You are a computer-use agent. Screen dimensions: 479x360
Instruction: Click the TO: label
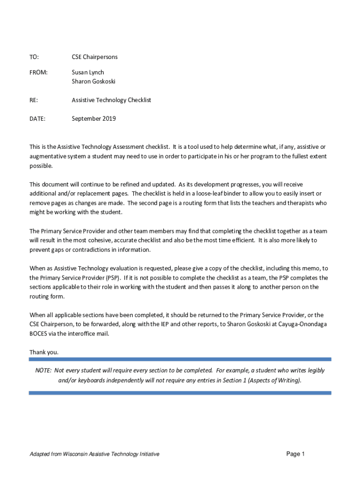click(x=34, y=57)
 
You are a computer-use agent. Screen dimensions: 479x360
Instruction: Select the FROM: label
click(x=39, y=73)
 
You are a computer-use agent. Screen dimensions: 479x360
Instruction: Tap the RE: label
click(x=33, y=100)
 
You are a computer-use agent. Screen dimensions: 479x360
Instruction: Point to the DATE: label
click(x=37, y=119)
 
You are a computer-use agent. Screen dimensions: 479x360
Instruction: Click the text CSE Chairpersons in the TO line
click(x=94, y=57)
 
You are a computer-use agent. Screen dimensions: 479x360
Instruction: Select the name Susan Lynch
click(x=88, y=73)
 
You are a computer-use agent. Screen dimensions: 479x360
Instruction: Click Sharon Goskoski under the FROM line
click(x=94, y=81)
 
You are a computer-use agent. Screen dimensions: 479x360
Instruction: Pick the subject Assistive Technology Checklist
click(x=111, y=100)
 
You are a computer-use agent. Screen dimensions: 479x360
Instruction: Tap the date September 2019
click(x=94, y=119)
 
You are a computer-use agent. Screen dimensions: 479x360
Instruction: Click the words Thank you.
click(x=44, y=352)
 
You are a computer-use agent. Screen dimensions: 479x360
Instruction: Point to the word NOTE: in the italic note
click(x=43, y=370)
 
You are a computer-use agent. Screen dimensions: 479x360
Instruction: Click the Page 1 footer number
click(x=295, y=454)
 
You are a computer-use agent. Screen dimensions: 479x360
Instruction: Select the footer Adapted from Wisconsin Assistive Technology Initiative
click(x=94, y=454)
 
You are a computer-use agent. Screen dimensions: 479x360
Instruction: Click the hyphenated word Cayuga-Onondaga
click(x=302, y=325)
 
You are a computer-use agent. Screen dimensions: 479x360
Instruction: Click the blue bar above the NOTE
click(x=180, y=359)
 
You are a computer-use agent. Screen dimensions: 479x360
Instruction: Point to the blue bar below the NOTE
click(x=180, y=393)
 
